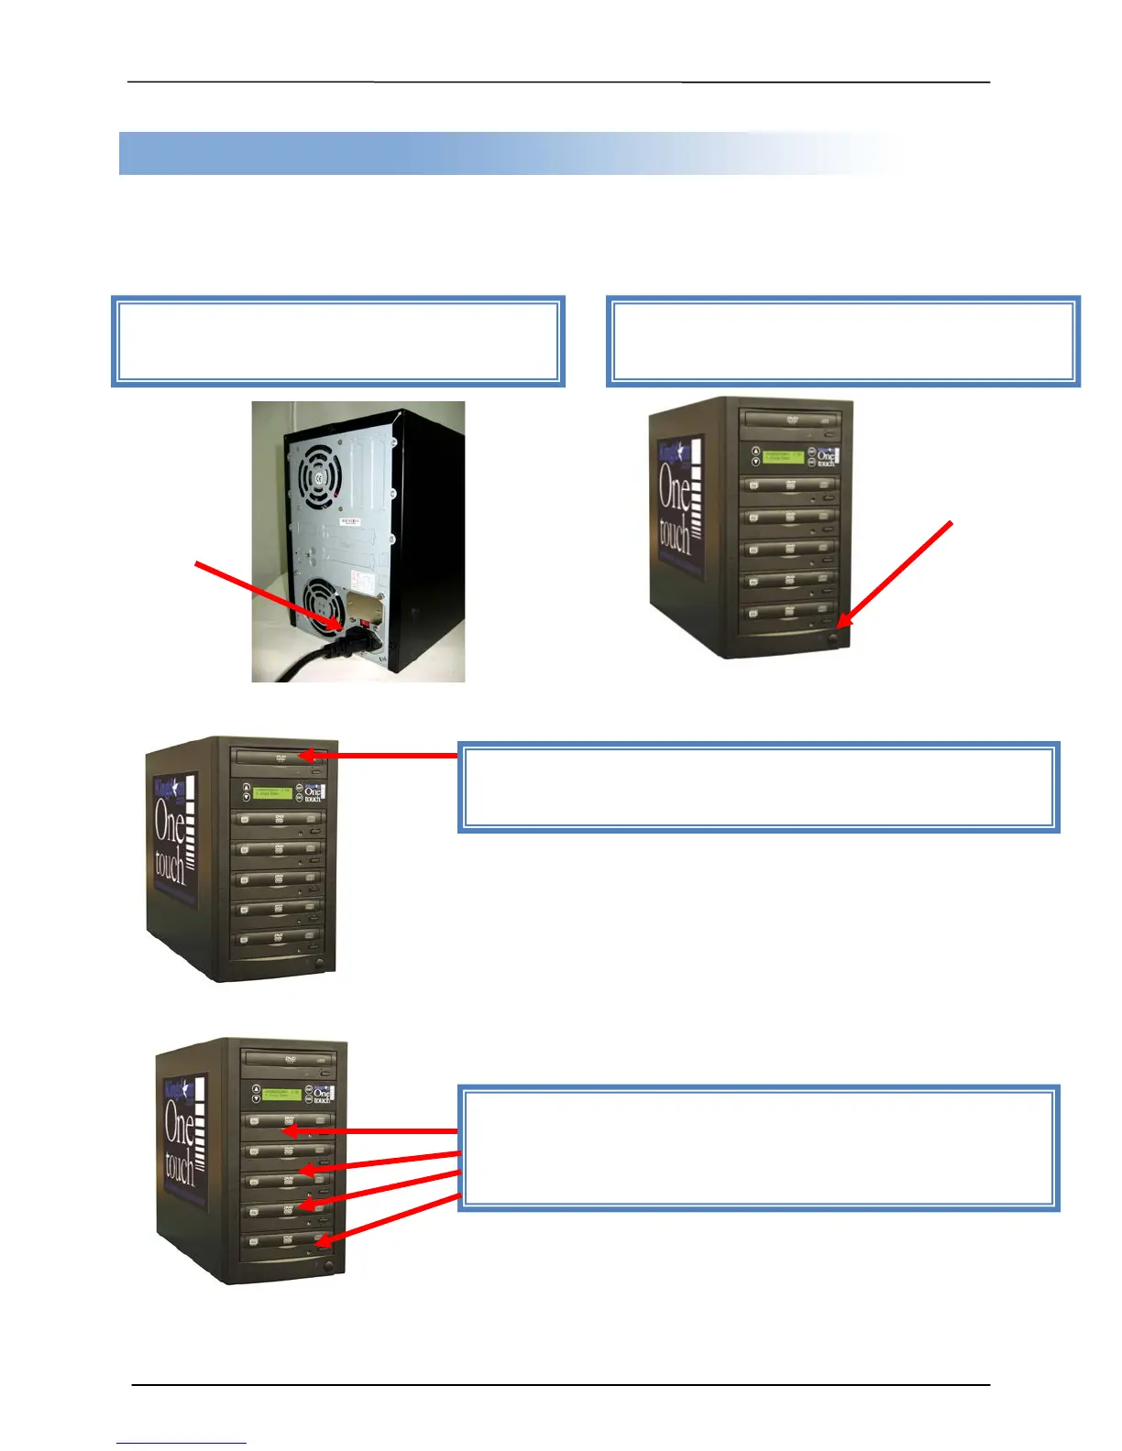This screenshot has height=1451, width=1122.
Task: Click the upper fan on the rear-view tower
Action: click(318, 477)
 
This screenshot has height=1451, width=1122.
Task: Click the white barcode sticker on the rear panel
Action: click(350, 520)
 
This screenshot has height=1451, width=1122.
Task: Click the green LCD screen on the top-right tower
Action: click(783, 455)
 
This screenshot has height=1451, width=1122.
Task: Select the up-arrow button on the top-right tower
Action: click(755, 451)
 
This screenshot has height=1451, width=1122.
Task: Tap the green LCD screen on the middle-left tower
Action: click(272, 792)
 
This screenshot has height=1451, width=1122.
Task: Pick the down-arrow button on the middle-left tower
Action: click(246, 797)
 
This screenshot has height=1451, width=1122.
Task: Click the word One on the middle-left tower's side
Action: click(170, 822)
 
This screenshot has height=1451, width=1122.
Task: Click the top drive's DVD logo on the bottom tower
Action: click(290, 1059)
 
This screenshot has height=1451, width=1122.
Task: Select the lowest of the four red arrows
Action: click(386, 1219)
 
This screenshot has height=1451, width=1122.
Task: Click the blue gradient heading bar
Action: click(509, 153)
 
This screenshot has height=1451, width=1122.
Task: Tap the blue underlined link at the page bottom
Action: click(181, 1443)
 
